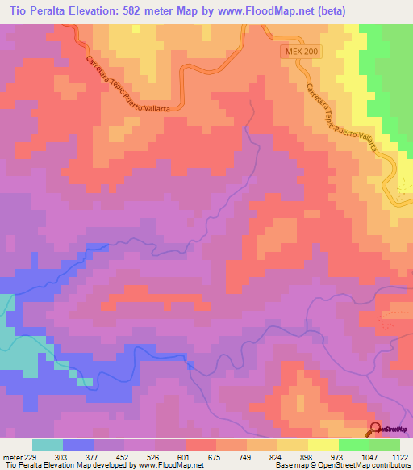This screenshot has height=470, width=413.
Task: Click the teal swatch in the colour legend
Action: click(48, 445)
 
